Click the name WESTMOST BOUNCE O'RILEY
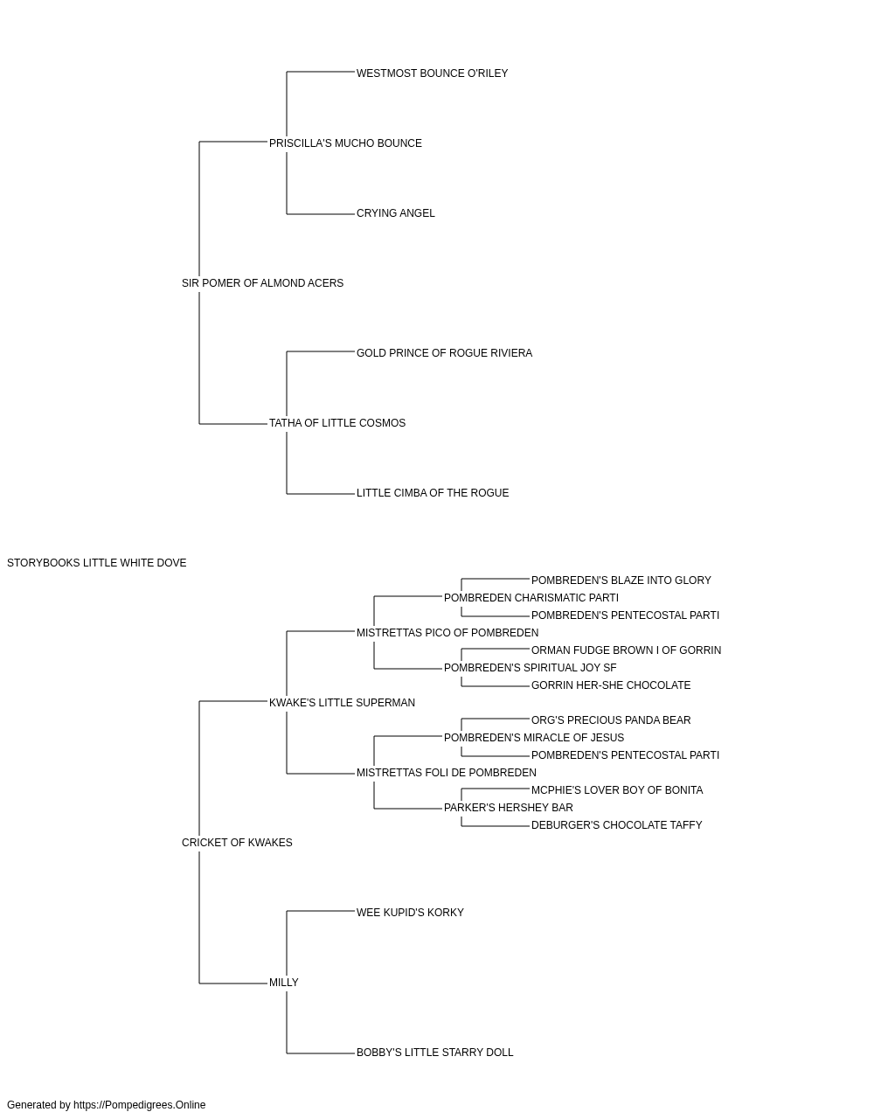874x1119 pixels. pyautogui.click(x=432, y=73)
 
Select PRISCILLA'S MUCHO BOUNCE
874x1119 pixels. pyautogui.click(x=345, y=143)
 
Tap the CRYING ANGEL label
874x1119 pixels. pyautogui.click(x=395, y=213)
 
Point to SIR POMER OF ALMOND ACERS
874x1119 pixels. pyautogui.click(x=262, y=283)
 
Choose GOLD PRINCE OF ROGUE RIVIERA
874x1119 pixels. pyautogui.click(x=444, y=353)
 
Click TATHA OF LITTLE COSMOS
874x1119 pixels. pyautogui.click(x=337, y=423)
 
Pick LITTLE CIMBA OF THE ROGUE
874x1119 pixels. pyautogui.click(x=433, y=493)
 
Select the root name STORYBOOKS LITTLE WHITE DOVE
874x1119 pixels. pyautogui.click(x=97, y=563)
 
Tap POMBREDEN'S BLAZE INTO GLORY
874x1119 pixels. pyautogui.click(x=621, y=580)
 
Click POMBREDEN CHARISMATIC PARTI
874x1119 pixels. pyautogui.click(x=531, y=598)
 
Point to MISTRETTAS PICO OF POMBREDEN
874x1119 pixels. pyautogui.click(x=447, y=633)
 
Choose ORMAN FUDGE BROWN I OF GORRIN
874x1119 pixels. pyautogui.click(x=626, y=650)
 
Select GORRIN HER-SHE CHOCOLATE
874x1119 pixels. pyautogui.click(x=611, y=685)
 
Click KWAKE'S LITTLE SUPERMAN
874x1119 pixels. pyautogui.click(x=342, y=703)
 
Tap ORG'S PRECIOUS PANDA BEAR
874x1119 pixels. pyautogui.click(x=611, y=720)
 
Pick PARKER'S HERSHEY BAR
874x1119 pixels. pyautogui.click(x=508, y=808)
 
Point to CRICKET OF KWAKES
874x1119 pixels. pyautogui.click(x=237, y=843)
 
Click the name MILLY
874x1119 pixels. pyautogui.click(x=283, y=983)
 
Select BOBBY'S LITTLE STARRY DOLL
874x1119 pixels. pyautogui.click(x=434, y=1053)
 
